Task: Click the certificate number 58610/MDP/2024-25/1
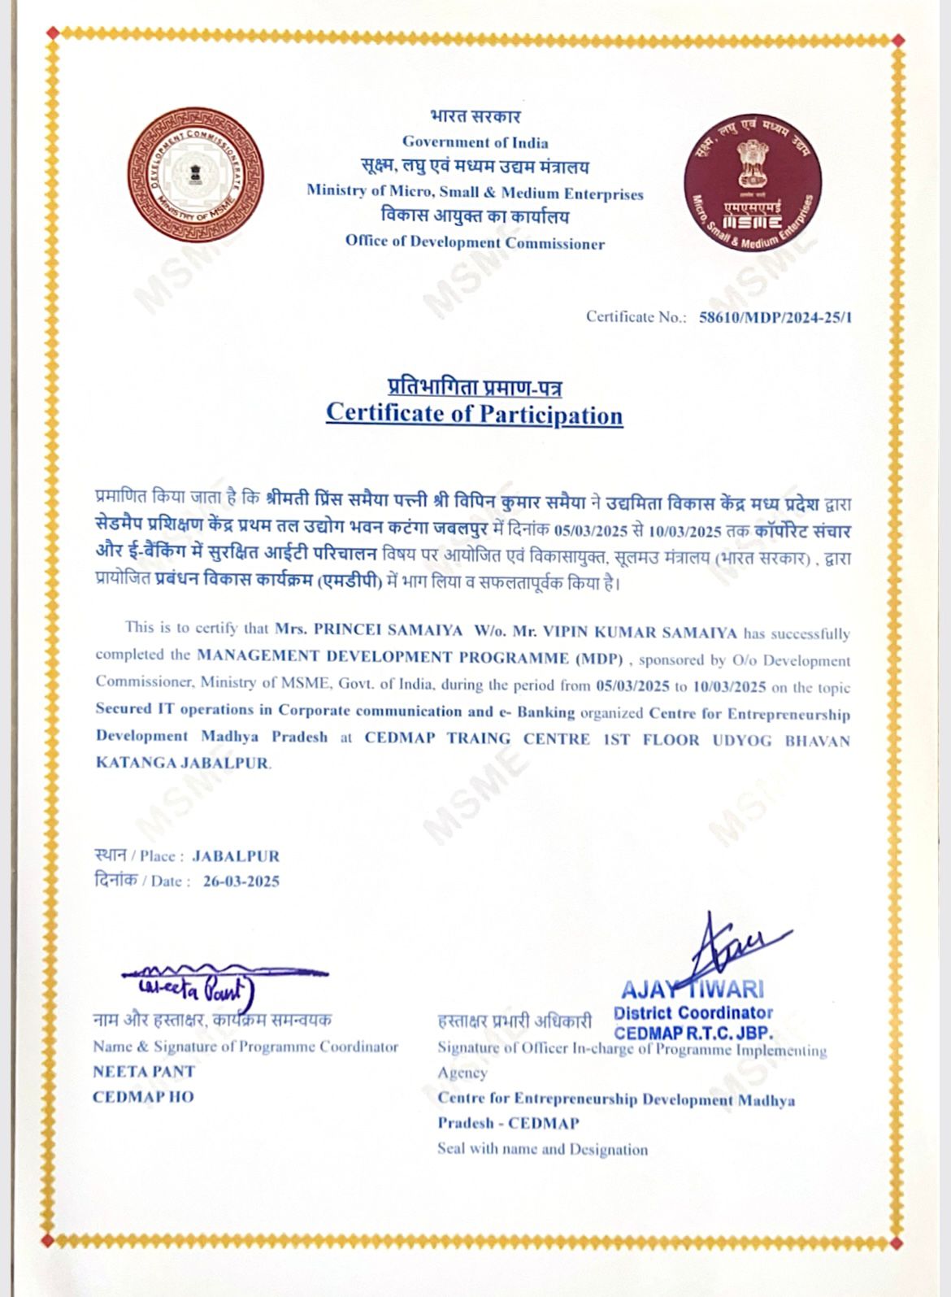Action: click(775, 317)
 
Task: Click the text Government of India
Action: click(475, 142)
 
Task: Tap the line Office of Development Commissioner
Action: click(475, 242)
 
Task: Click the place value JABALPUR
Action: click(236, 856)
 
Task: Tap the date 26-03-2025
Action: click(241, 881)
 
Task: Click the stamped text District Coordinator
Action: click(693, 1013)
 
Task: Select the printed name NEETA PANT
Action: click(144, 1072)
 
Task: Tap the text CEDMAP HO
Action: click(143, 1097)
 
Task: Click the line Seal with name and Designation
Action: click(542, 1150)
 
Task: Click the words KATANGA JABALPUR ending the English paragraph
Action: click(183, 764)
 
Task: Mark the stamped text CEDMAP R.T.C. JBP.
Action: click(693, 1034)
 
